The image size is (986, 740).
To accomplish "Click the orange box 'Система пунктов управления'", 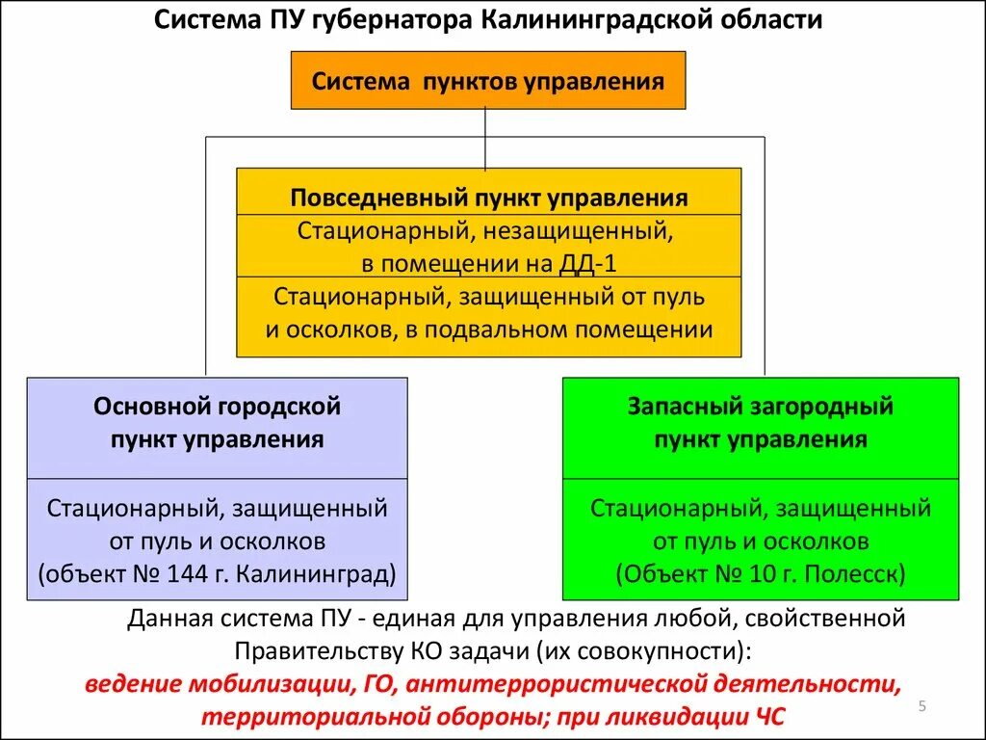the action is (x=488, y=81).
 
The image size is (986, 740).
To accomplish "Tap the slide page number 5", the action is (x=921, y=707).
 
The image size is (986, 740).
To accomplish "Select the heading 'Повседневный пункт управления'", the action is (x=488, y=198).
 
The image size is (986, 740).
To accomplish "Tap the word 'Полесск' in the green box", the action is (x=859, y=575).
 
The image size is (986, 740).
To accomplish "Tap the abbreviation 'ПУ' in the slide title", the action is (x=284, y=20).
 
